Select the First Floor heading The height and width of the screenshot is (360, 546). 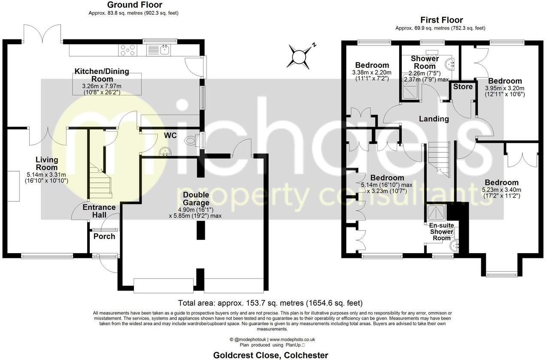pos(441,20)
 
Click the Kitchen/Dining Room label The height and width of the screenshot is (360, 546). pos(102,75)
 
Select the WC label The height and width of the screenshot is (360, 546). pos(170,136)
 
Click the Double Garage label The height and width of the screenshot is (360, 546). pos(196,199)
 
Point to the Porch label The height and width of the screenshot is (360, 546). pos(104,236)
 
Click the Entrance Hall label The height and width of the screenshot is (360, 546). pos(99,211)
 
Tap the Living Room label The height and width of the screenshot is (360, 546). pos(46,163)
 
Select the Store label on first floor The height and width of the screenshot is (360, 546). pos(463,87)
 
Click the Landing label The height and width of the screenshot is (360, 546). pos(434,119)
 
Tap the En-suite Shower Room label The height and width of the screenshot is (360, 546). pos(441,231)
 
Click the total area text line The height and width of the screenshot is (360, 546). pos(270,303)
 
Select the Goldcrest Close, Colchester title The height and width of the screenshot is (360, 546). pos(271,355)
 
